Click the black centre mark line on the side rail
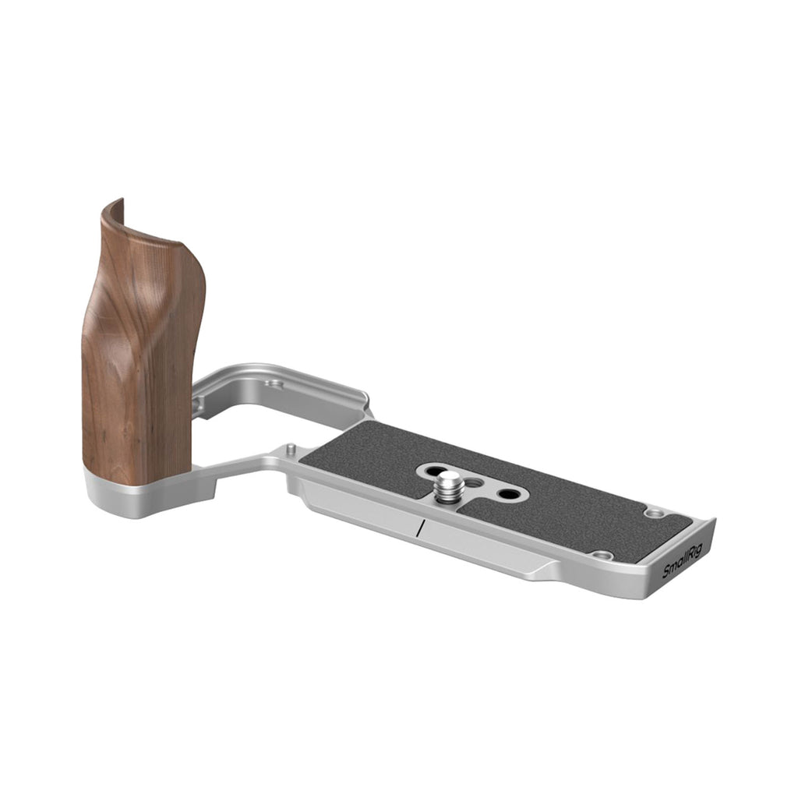[419, 528]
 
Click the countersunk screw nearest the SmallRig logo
[605, 555]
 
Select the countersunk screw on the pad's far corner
[653, 513]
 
